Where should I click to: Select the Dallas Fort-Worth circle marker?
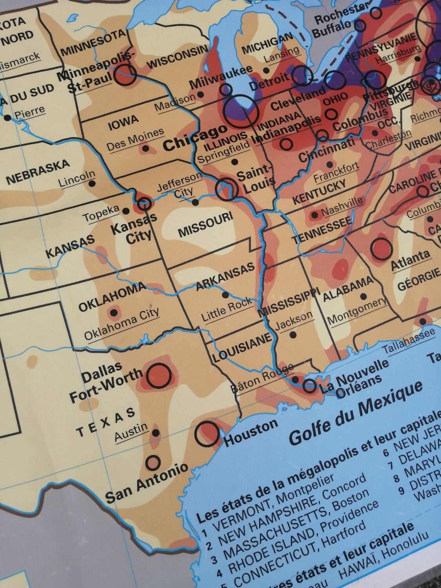(x=159, y=374)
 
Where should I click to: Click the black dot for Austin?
(x=156, y=433)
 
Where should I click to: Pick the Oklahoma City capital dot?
(x=114, y=312)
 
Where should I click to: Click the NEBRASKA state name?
(x=38, y=173)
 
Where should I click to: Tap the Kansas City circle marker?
(x=145, y=203)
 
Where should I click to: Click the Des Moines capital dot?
(x=145, y=148)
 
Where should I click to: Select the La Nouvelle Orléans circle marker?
(x=310, y=386)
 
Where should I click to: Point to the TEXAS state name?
(x=106, y=422)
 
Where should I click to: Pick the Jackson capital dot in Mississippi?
(x=292, y=335)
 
